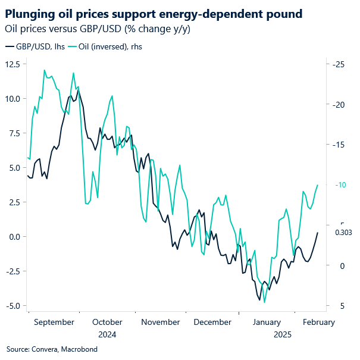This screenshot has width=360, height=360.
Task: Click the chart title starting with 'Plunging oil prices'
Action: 153,13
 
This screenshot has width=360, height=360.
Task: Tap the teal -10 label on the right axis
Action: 339,185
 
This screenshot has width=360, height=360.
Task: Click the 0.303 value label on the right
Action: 344,233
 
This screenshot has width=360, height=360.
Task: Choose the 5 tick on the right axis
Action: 341,306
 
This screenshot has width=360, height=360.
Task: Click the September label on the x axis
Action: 54,322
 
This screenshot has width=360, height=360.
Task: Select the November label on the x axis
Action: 161,322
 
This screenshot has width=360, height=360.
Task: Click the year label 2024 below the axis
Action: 107,334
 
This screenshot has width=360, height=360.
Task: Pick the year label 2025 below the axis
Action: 283,334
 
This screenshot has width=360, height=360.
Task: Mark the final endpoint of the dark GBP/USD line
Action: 318,233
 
